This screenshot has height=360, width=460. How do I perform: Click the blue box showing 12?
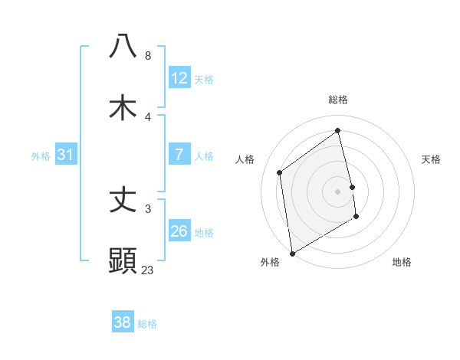tap(179, 78)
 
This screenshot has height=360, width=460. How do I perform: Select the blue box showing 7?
tap(179, 155)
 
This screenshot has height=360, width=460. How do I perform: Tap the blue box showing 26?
tap(179, 231)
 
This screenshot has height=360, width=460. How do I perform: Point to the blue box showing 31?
tap(66, 155)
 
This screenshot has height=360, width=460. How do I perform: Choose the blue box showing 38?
tap(123, 322)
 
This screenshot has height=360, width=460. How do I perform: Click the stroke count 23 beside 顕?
tap(148, 270)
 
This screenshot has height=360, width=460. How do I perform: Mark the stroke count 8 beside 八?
tap(148, 56)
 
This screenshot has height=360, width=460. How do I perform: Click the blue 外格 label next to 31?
tap(41, 155)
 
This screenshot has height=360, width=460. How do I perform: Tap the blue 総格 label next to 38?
tap(147, 324)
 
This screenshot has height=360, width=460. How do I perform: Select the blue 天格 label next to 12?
tap(204, 80)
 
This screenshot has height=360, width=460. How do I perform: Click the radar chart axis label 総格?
tap(338, 100)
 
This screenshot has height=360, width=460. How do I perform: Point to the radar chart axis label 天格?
tap(431, 159)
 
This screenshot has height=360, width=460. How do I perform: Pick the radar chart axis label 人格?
tap(245, 159)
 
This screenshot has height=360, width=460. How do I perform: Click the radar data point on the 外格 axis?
tap(292, 253)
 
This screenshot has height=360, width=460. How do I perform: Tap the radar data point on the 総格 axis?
tap(338, 131)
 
